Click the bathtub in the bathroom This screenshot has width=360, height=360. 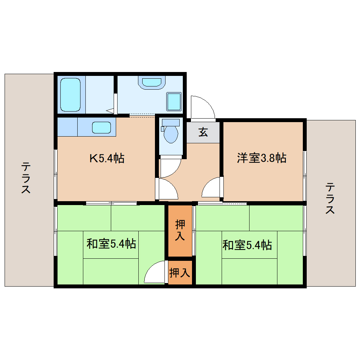click(71, 95)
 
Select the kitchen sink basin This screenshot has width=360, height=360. click(102, 127)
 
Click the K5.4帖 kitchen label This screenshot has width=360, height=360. click(106, 158)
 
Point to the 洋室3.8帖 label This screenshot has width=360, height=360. click(261, 158)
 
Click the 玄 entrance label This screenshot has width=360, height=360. click(203, 132)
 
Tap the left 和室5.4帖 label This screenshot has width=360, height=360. click(111, 244)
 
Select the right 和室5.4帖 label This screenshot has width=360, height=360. click(247, 245)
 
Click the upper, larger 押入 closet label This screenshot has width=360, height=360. click(180, 230)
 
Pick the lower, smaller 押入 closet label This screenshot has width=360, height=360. click(180, 272)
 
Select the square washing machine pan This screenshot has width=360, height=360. click(173, 102)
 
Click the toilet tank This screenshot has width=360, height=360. click(170, 122)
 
